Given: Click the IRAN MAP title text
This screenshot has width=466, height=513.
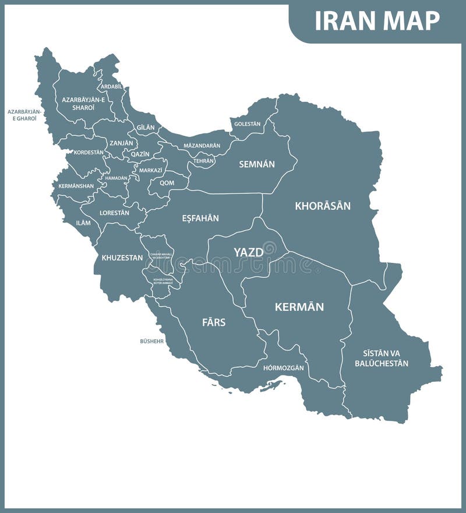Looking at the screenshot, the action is [377, 21].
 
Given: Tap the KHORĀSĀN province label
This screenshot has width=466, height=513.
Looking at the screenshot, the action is [323, 206].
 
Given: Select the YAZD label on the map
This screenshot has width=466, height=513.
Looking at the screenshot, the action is [248, 252].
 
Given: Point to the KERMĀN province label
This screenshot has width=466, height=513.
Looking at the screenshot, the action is [299, 307].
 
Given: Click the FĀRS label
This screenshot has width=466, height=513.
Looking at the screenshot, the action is [214, 322].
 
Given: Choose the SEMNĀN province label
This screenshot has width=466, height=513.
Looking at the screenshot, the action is [256, 164].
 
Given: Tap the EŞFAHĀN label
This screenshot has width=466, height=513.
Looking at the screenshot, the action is [200, 218].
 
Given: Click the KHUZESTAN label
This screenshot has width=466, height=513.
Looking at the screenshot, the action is [122, 257].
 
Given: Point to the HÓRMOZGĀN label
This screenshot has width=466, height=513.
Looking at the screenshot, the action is [284, 368].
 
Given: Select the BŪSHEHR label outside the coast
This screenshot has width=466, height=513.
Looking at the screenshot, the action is [152, 341].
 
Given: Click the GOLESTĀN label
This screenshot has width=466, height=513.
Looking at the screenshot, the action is [247, 124].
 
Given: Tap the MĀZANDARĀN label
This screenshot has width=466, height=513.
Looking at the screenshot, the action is [202, 145].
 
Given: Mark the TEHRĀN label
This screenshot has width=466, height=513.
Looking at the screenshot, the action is [204, 161].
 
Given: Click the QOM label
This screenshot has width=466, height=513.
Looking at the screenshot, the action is [167, 182].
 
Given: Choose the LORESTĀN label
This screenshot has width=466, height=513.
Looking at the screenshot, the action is [114, 213].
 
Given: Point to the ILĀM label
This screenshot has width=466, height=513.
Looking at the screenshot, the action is [83, 223].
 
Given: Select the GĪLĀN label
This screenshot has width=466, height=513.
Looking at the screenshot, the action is [146, 127].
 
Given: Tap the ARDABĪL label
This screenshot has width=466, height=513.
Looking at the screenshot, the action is [111, 86].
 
